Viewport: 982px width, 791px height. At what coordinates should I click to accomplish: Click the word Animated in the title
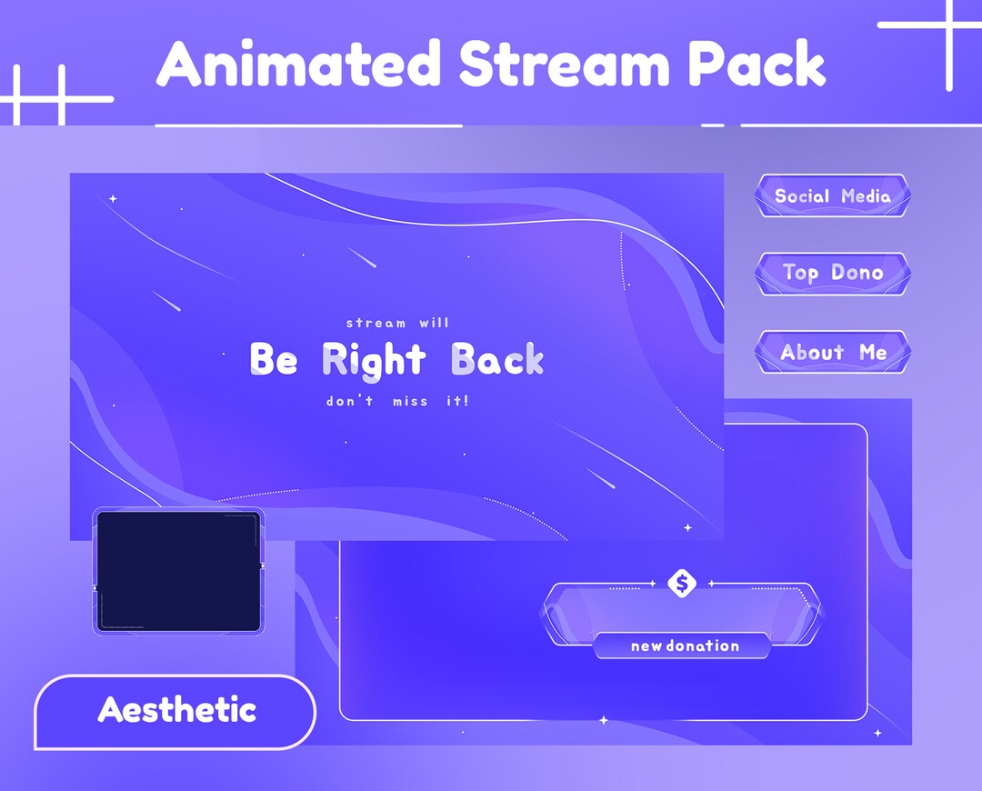299,65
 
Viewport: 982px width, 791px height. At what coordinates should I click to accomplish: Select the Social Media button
832,195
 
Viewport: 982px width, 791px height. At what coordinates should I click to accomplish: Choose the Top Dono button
832,273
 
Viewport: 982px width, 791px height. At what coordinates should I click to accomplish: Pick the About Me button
832,352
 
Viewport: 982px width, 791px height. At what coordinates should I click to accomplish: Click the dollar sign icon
682,583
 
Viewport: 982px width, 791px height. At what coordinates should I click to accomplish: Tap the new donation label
684,646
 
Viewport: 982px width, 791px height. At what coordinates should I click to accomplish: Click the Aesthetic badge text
176,710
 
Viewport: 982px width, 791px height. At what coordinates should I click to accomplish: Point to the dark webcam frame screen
178,570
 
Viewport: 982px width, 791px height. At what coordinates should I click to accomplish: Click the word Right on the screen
374,360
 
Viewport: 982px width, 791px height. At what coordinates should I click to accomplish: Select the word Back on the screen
497,360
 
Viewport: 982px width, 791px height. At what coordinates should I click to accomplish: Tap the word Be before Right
274,360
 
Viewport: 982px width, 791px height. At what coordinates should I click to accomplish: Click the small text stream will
397,323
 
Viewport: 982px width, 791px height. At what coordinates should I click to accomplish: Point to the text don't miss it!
397,401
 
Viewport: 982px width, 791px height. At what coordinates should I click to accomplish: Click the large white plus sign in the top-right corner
948,29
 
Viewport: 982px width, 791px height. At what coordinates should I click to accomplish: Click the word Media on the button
866,195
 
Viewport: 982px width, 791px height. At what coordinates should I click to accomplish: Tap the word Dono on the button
857,273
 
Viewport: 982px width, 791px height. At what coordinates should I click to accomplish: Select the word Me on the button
872,352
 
